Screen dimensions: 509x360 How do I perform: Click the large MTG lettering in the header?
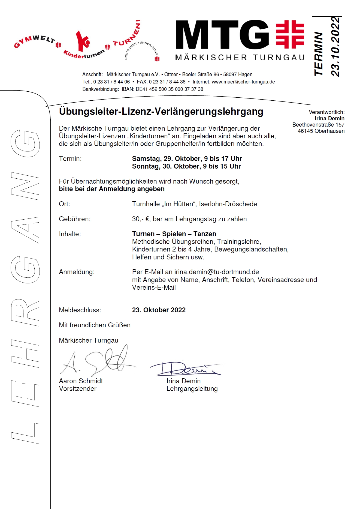222,35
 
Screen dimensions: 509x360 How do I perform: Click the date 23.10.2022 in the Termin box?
335,47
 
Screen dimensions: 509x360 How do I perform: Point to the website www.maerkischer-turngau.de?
243,82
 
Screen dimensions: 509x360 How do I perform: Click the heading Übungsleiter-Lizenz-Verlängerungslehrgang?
161,112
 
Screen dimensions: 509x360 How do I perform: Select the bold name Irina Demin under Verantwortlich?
329,118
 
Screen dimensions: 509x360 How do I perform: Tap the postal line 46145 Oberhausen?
321,131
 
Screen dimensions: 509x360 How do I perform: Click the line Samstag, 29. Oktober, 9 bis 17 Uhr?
187,159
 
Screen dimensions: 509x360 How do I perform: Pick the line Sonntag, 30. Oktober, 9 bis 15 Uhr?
186,166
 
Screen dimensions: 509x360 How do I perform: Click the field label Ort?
65,204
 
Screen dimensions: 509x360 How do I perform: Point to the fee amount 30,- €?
141,219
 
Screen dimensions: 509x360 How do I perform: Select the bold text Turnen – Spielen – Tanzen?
174,234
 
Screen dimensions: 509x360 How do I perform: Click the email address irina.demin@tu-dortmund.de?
217,272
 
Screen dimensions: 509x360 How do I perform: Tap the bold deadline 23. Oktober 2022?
159,310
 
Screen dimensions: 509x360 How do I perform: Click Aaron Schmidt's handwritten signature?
98,361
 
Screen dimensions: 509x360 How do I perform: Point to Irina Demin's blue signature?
185,369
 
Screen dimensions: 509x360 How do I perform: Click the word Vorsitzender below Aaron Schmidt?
78,389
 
